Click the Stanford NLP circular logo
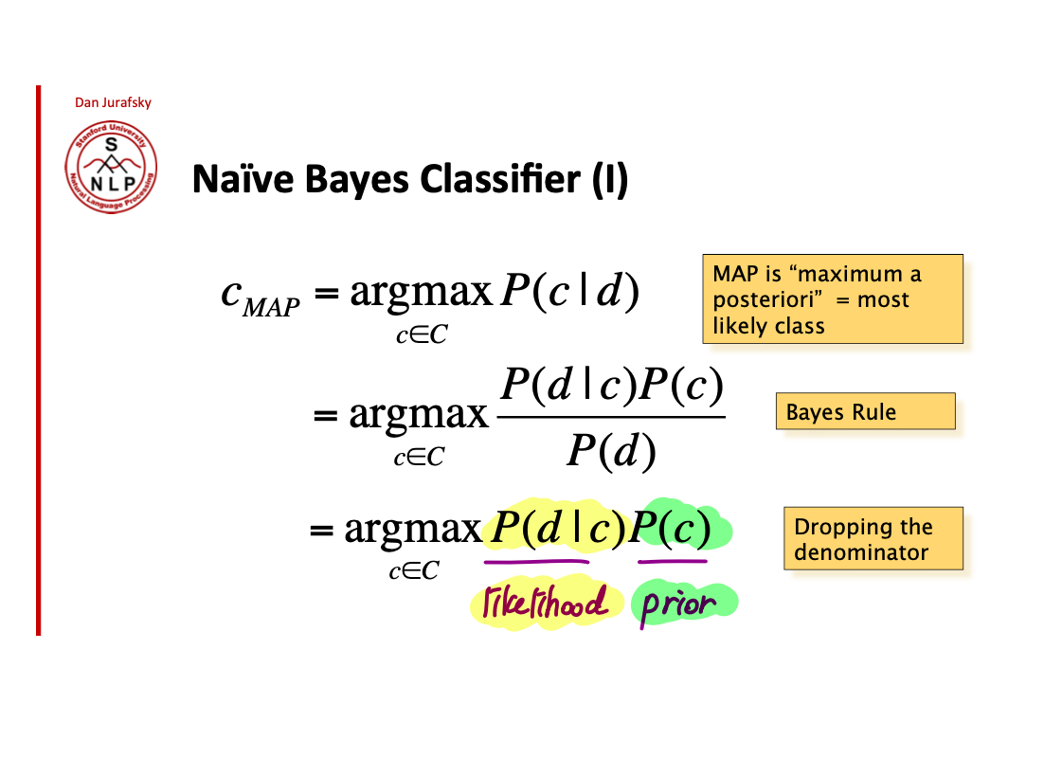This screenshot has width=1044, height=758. tap(111, 171)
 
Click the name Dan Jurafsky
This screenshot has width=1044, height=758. tap(113, 102)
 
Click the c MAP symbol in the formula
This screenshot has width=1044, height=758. tap(259, 296)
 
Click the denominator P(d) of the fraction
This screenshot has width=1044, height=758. tap(611, 453)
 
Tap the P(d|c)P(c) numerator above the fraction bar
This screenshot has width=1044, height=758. tap(612, 386)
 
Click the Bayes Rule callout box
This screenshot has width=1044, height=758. tap(865, 412)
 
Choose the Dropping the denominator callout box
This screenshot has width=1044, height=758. tap(873, 539)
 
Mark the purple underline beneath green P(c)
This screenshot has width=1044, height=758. tap(672, 561)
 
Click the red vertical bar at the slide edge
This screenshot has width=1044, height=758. tap(39, 360)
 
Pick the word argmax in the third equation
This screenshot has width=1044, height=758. tap(413, 530)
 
